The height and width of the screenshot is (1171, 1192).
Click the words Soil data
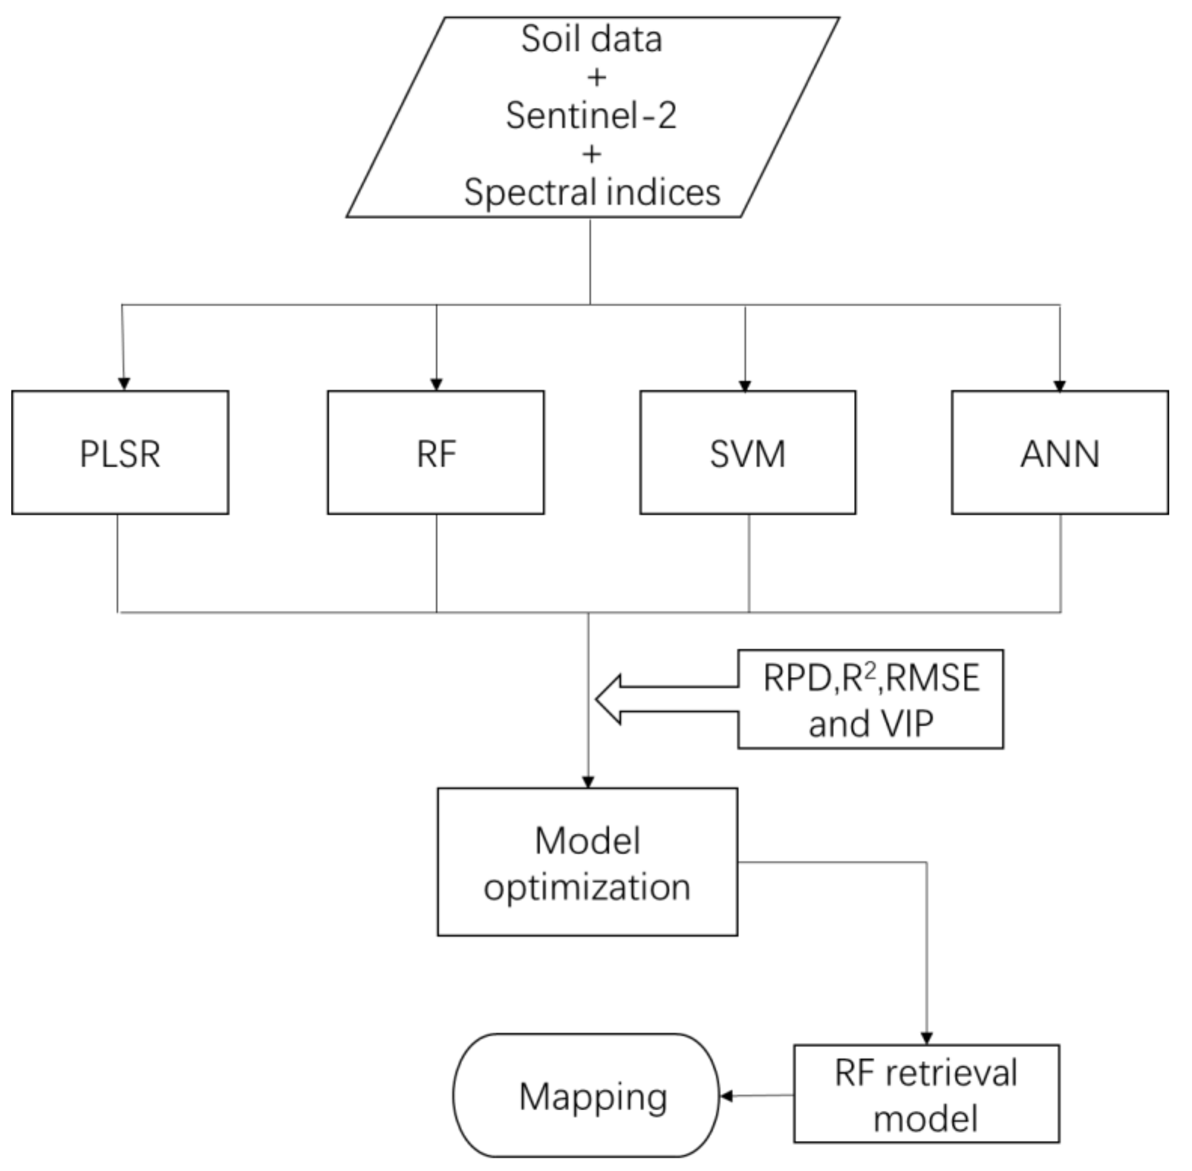click(591, 39)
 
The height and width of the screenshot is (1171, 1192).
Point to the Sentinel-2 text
click(591, 116)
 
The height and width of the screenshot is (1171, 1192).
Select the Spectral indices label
click(592, 193)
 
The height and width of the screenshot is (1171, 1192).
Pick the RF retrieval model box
click(926, 1093)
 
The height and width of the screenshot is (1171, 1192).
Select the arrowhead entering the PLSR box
click(124, 384)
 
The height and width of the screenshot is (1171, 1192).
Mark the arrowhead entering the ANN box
click(1059, 385)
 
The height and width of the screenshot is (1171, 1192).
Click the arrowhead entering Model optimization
click(588, 782)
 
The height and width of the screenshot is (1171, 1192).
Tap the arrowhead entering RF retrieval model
click(926, 1038)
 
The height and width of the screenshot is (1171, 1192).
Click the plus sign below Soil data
click(596, 78)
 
